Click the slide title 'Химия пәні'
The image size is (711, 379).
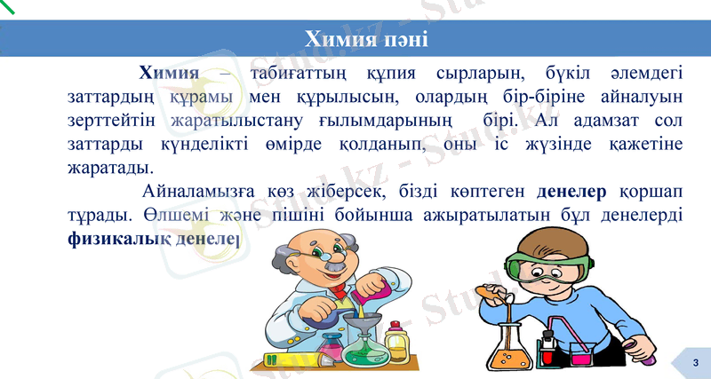366,40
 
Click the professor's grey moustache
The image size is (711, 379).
333,265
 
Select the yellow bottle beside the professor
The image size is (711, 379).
396,341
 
